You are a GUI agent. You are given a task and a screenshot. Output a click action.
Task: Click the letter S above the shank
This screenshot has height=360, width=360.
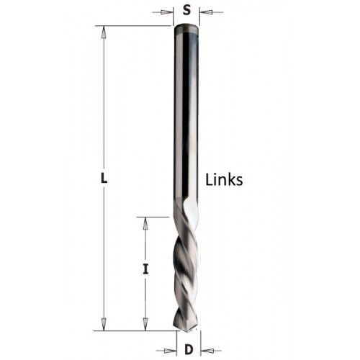tap(186, 10)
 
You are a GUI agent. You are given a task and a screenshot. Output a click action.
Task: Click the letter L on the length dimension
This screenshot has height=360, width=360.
tap(104, 179)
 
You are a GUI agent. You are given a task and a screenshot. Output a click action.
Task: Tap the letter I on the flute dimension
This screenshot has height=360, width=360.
tap(145, 269)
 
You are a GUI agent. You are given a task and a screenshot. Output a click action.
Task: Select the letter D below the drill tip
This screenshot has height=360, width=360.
tap(189, 349)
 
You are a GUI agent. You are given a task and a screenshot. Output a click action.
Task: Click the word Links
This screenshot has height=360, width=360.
tap(224, 180)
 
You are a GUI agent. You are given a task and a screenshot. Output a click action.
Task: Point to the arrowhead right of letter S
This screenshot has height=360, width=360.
tap(206, 12)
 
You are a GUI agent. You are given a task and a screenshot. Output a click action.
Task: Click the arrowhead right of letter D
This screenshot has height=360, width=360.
tap(207, 351)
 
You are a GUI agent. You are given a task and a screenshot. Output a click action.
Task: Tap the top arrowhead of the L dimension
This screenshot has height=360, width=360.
tap(104, 32)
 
